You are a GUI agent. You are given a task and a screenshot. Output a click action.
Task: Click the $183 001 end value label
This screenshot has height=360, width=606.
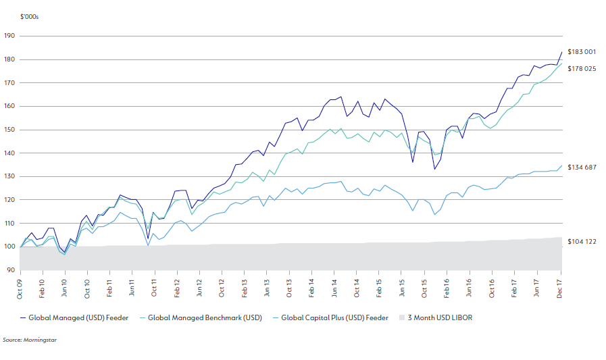pos(581,52)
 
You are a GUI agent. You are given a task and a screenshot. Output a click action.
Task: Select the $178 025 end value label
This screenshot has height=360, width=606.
pos(581,68)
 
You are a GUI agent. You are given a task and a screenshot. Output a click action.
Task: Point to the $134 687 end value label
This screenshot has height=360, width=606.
pos(581,167)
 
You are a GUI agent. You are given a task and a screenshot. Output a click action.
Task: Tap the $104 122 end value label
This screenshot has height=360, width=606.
pos(581,241)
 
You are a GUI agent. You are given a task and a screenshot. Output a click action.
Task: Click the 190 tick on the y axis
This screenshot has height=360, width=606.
pos(9,36)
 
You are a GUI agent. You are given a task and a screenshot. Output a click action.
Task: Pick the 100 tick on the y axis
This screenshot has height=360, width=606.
pos(9,247)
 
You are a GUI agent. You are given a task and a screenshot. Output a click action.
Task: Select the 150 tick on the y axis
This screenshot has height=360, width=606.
pos(9,130)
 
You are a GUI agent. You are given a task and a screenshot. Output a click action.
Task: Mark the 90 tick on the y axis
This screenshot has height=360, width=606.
pos(10,270)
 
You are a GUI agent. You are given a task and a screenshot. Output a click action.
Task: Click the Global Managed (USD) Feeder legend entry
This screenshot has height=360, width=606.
pos(75,317)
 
